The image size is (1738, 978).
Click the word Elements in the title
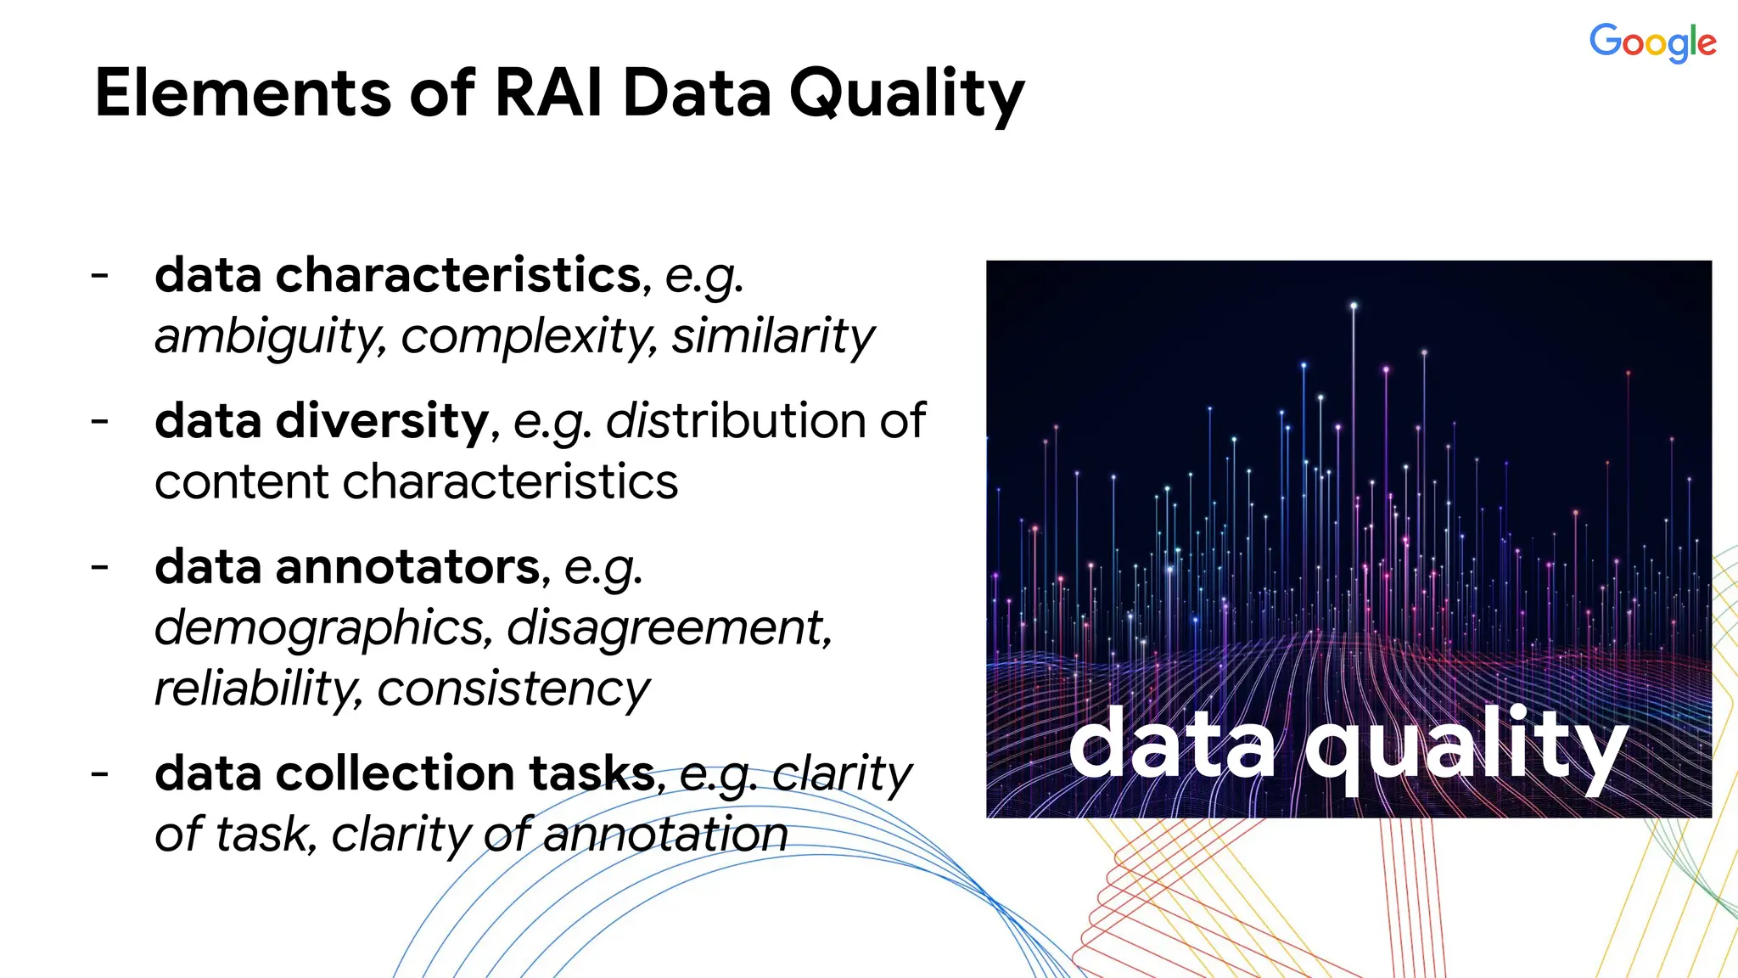[243, 93]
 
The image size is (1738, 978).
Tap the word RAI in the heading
[548, 93]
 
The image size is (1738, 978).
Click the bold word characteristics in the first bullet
[458, 275]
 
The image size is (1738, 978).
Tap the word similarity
[772, 336]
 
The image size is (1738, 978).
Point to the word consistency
[513, 689]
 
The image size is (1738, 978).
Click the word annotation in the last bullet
[665, 835]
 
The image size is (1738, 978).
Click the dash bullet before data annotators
[100, 566]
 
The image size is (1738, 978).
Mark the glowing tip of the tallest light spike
[1354, 306]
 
